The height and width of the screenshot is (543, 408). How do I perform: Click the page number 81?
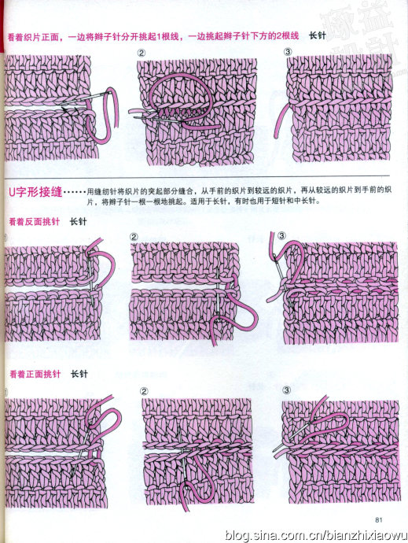point(378,519)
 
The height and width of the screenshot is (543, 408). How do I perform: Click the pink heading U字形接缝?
point(35,192)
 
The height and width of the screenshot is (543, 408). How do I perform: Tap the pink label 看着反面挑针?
point(35,222)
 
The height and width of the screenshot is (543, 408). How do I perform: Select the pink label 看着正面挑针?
point(35,374)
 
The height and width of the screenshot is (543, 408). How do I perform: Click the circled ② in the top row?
point(142,53)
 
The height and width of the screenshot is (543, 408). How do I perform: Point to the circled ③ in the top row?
point(288,52)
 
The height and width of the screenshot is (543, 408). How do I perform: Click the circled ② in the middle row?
point(134,237)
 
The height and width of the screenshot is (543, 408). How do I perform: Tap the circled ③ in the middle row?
point(281,236)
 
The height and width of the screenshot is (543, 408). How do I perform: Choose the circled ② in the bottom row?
point(144,391)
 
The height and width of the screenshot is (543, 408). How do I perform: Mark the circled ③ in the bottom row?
point(287,390)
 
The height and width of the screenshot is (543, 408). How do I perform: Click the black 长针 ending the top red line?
point(318,35)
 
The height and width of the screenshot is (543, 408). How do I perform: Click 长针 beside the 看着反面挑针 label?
point(79,222)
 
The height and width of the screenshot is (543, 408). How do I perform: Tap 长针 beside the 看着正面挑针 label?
point(79,374)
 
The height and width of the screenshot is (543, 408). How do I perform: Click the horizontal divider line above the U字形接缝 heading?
point(197,176)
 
